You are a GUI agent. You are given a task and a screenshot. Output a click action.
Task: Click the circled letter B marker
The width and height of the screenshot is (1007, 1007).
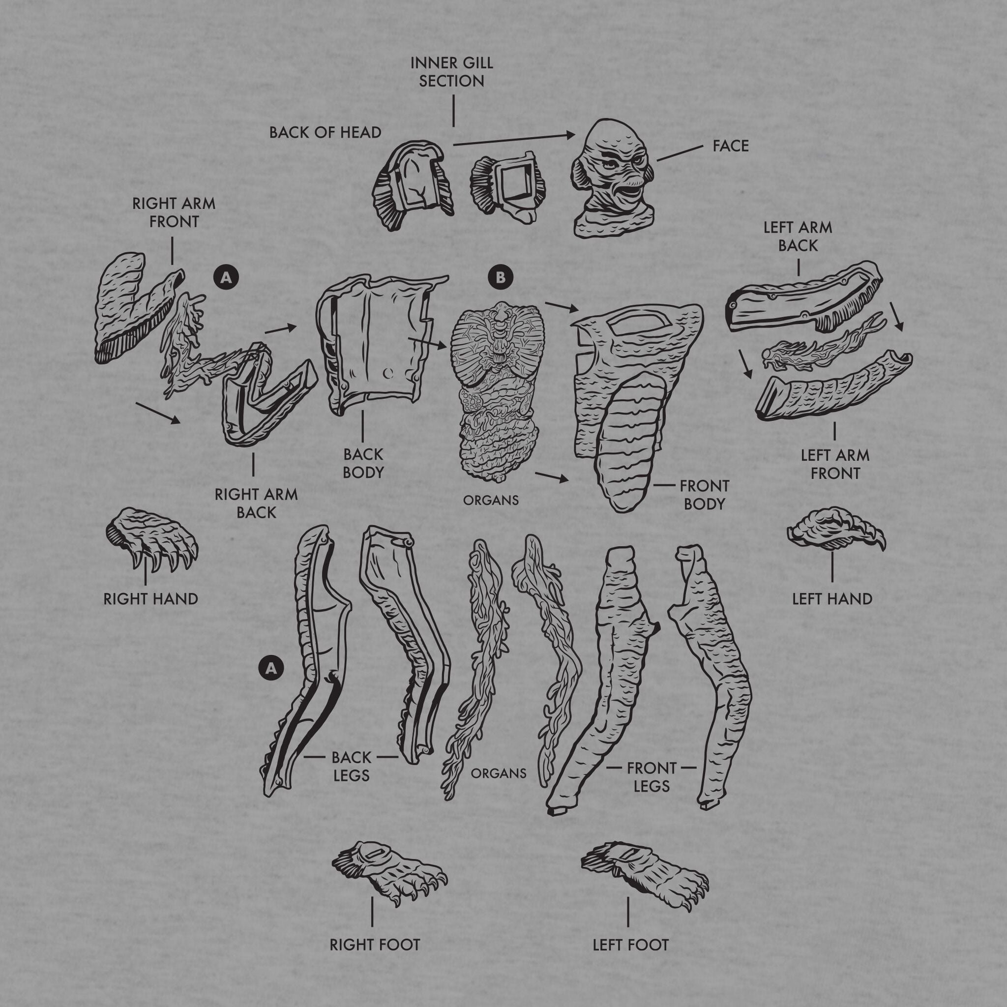pyautogui.click(x=501, y=278)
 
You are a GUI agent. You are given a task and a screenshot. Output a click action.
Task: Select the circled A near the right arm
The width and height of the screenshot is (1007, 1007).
pyautogui.click(x=226, y=278)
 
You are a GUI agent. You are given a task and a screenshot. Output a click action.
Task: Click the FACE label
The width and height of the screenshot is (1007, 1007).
pyautogui.click(x=731, y=146)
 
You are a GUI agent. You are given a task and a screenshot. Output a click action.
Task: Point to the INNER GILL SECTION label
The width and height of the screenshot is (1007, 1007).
pyautogui.click(x=451, y=72)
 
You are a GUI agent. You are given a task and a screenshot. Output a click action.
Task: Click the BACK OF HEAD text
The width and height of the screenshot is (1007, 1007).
pyautogui.click(x=325, y=132)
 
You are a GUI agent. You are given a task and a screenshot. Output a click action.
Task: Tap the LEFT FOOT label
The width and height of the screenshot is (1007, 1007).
pyautogui.click(x=630, y=945)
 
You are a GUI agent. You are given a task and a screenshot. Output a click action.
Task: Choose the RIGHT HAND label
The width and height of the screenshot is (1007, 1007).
pyautogui.click(x=150, y=599)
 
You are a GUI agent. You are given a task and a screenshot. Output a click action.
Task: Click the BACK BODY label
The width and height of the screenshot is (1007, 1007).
pyautogui.click(x=363, y=463)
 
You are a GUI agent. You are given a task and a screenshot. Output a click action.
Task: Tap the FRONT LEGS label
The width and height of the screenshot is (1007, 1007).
pyautogui.click(x=652, y=776)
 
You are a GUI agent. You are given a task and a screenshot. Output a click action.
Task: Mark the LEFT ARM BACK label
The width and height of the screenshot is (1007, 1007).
pyautogui.click(x=798, y=236)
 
